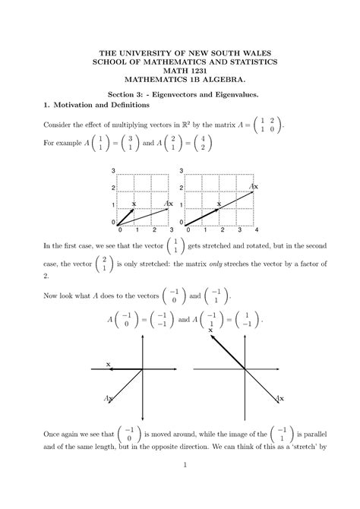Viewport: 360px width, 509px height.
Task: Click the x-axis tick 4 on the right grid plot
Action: point(257,229)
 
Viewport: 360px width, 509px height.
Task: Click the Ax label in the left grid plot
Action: point(169,204)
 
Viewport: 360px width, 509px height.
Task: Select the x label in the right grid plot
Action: point(219,204)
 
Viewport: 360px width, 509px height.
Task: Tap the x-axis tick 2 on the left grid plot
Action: point(154,229)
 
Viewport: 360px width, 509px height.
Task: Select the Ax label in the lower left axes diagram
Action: point(109,398)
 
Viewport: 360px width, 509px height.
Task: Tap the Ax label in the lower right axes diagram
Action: point(280,398)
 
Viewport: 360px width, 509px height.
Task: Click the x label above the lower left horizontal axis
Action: point(109,365)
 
